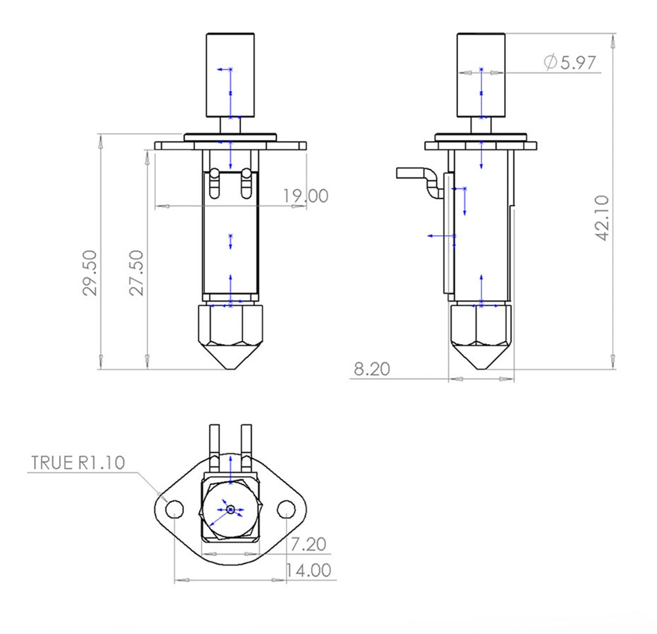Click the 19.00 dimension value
click(x=305, y=196)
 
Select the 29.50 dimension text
click(x=91, y=272)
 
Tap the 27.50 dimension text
click(x=136, y=272)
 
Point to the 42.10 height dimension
click(x=602, y=217)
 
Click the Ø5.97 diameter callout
click(x=569, y=62)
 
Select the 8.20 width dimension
click(x=371, y=369)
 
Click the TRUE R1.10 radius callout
click(x=78, y=462)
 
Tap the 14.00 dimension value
click(x=307, y=570)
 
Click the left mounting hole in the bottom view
click(x=174, y=509)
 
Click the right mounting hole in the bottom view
click(x=286, y=509)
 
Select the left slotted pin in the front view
click(x=214, y=183)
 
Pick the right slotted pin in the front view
click(x=246, y=183)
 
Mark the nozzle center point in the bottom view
click(x=230, y=509)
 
